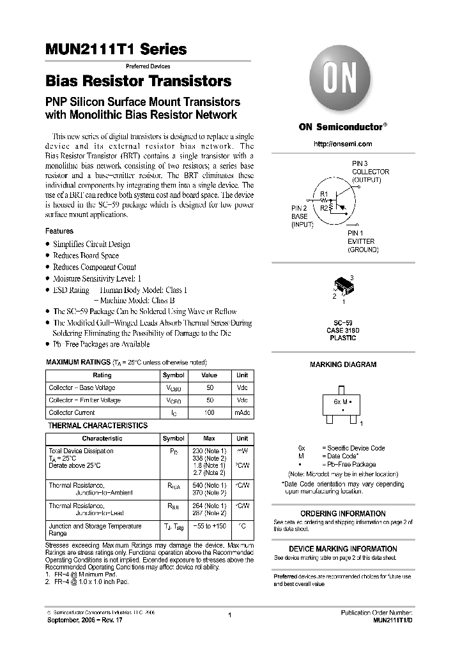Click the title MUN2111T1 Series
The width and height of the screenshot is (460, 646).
116,49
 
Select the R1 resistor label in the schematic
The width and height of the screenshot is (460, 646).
323,194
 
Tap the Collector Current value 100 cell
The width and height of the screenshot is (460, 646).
209,413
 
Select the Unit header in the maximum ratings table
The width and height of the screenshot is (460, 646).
242,375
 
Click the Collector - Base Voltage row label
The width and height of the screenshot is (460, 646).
82,388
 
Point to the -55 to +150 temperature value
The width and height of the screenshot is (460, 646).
209,527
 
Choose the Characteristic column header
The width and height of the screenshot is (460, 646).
102,439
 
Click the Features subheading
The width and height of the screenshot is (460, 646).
59,231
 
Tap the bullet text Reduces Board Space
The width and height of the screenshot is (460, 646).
86,255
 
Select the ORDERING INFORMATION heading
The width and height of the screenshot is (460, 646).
342,513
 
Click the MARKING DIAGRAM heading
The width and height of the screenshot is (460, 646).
342,364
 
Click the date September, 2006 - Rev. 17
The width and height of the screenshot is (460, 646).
82,620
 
